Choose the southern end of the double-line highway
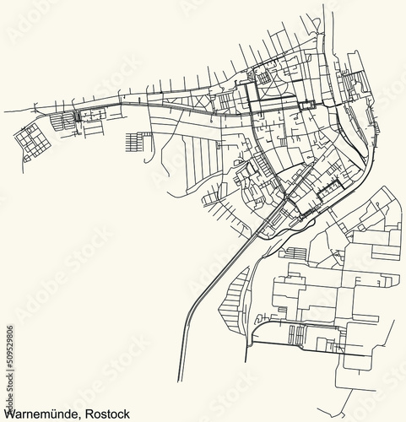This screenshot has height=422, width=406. pos(180,380)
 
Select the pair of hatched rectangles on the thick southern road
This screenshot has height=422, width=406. pos(296,335)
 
